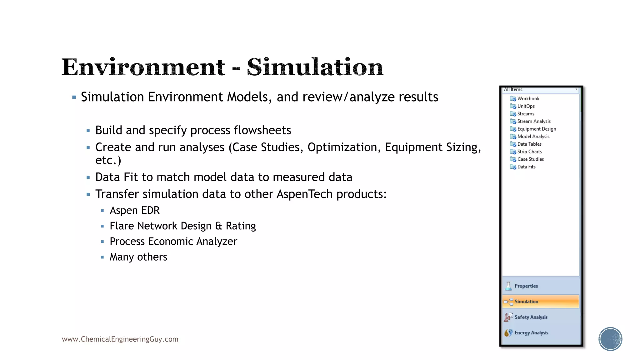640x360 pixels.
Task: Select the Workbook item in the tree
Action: (528, 98)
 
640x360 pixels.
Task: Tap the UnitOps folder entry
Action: (526, 106)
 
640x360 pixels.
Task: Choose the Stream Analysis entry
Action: (534, 121)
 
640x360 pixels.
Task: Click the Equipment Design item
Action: (536, 129)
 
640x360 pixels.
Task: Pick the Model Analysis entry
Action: (533, 137)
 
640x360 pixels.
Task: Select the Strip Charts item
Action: (529, 152)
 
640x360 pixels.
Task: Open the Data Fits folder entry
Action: (526, 167)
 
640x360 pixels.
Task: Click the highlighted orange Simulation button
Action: (540, 302)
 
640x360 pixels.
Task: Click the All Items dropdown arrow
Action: (576, 90)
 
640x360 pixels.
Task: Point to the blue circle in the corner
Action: (610, 339)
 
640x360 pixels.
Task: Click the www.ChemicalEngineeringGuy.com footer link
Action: (120, 339)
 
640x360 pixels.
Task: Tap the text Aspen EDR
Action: (134, 211)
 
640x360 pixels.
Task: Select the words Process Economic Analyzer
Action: (173, 242)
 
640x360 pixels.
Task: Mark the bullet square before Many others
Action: (102, 257)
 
